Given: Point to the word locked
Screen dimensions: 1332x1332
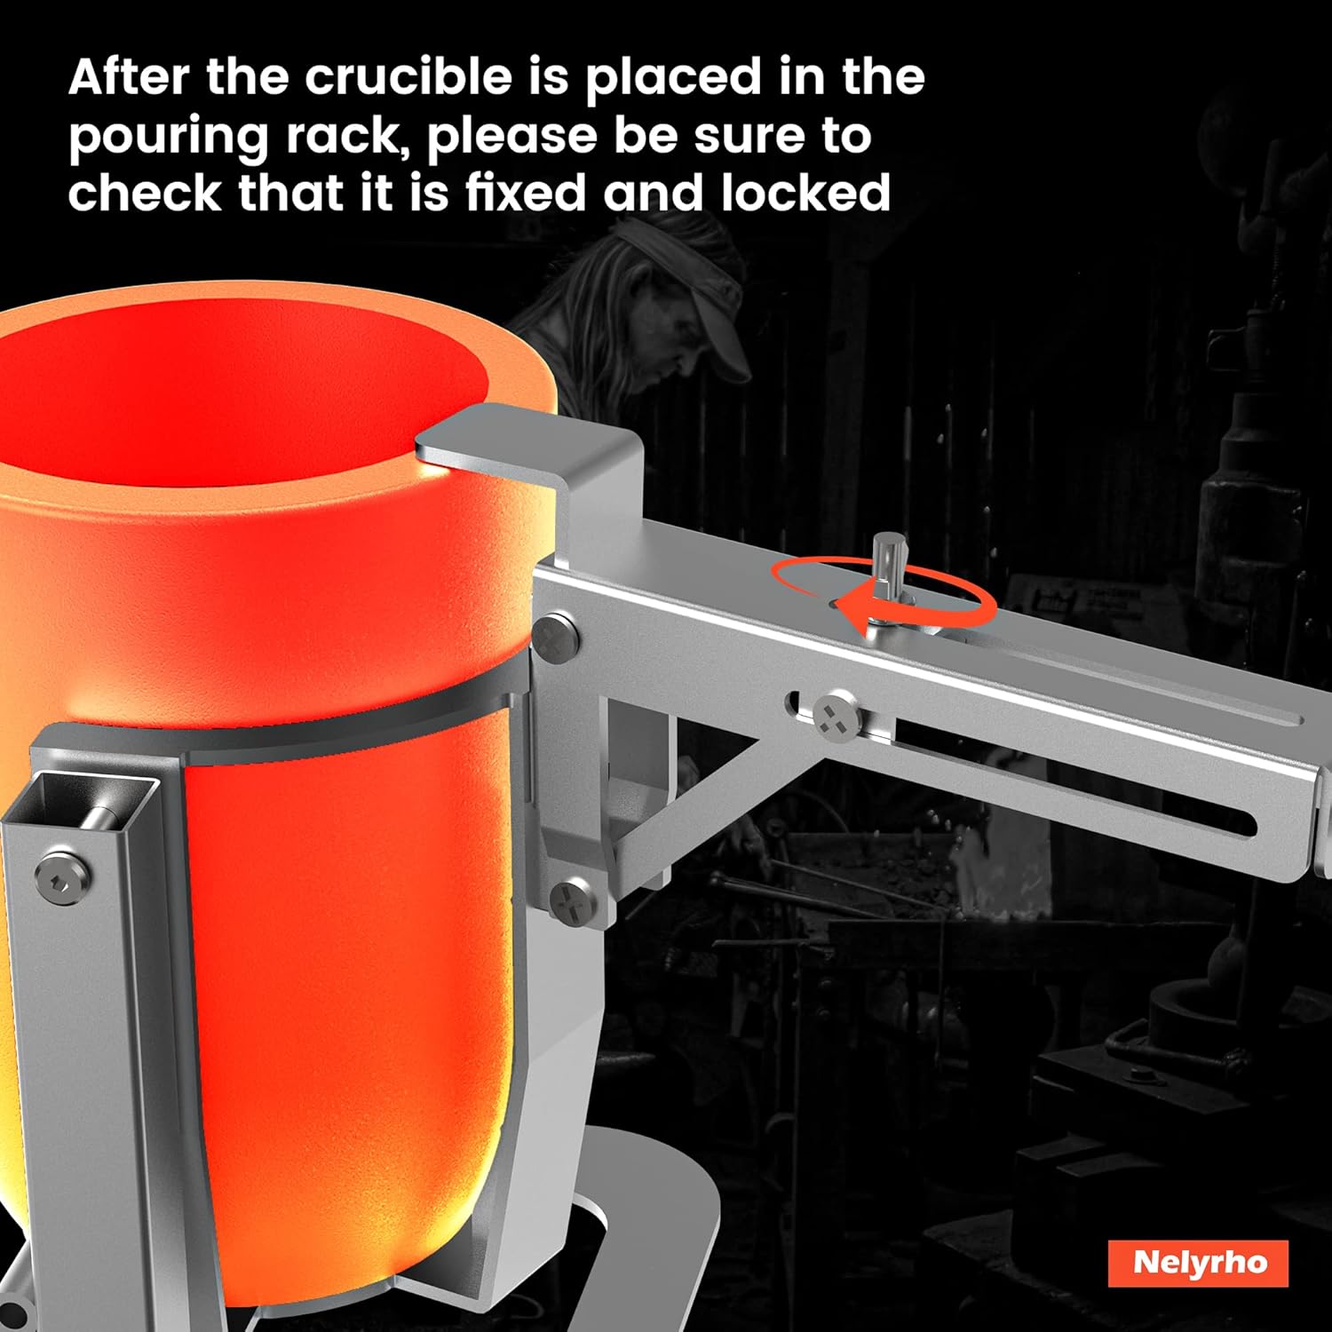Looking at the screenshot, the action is [x=805, y=193].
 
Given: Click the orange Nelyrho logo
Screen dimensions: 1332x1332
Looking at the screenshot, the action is [x=1198, y=1263].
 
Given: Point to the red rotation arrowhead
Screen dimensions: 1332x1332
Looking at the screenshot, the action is [x=856, y=611].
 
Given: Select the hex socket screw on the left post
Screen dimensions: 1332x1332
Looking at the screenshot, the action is [x=63, y=875].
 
